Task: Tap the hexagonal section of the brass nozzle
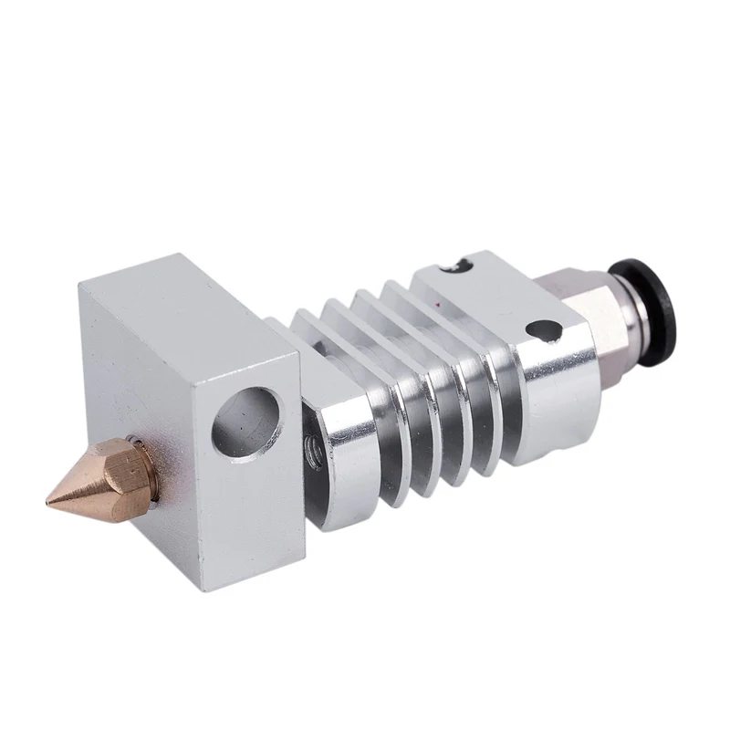tap(123, 466)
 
